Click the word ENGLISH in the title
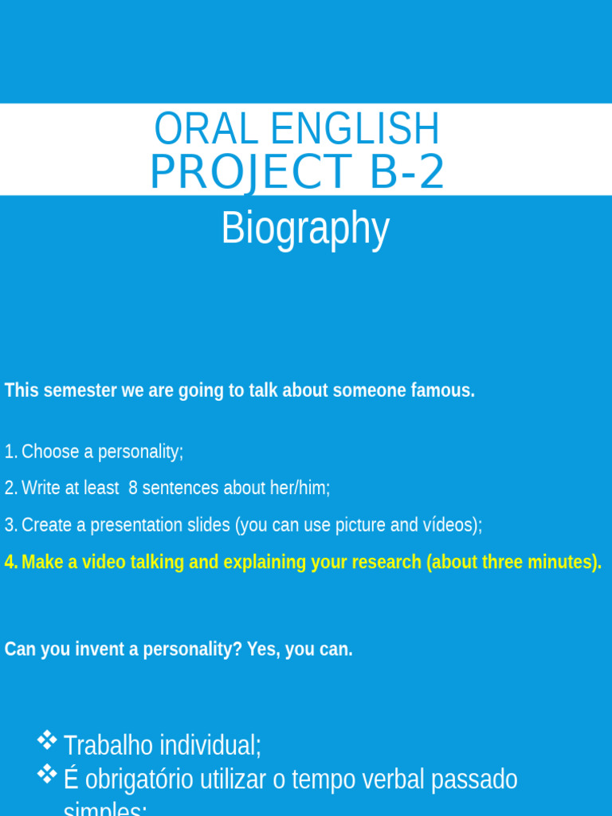[x=355, y=129]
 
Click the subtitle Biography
[x=305, y=229]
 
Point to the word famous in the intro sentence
[x=443, y=390]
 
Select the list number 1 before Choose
[x=9, y=452]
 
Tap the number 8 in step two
[x=133, y=488]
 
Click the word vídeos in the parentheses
[x=453, y=525]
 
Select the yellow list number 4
[x=10, y=562]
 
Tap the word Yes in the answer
[x=262, y=649]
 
